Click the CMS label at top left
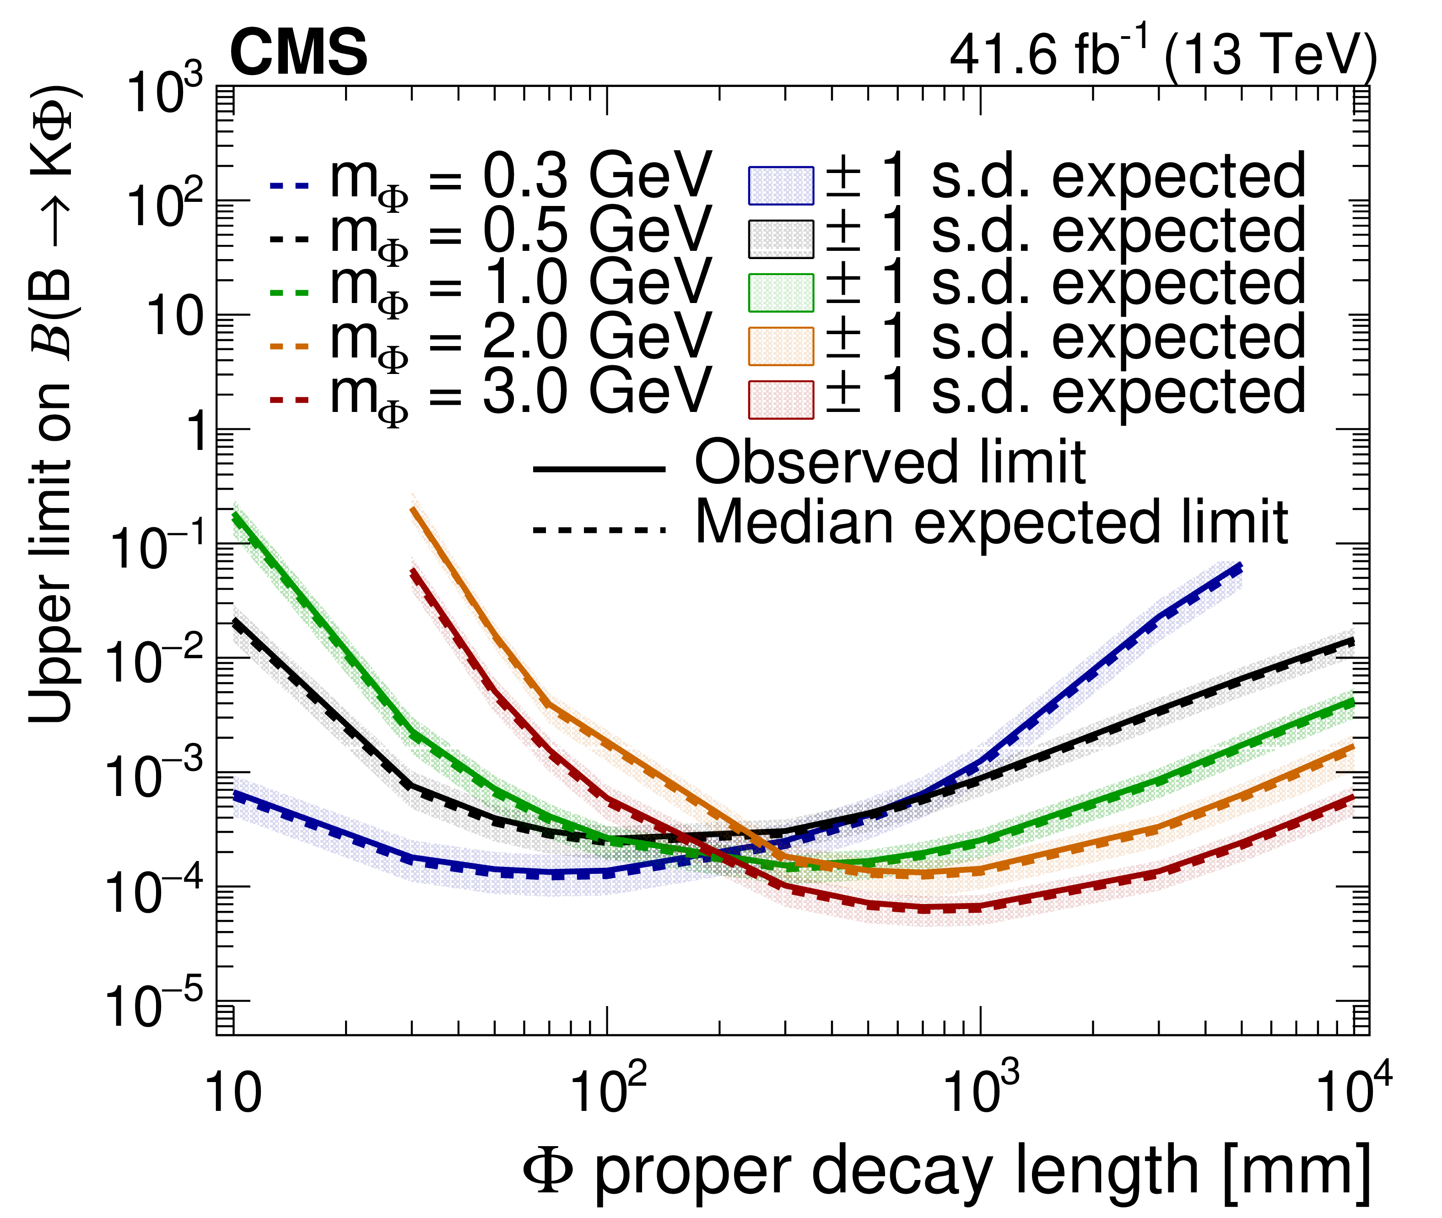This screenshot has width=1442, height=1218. click(x=298, y=53)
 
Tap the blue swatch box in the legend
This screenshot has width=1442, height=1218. click(x=781, y=185)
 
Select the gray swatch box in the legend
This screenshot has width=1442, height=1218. click(x=781, y=239)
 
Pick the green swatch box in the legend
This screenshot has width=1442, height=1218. click(x=781, y=293)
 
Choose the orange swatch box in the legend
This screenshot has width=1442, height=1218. click(x=781, y=346)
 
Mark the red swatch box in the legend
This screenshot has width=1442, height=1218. click(x=781, y=400)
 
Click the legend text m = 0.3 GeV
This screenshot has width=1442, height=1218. click(x=521, y=178)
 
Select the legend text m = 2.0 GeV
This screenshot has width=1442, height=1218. click(x=521, y=340)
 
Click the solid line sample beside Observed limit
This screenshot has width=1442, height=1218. click(x=599, y=469)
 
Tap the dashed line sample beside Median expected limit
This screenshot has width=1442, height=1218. click(x=599, y=531)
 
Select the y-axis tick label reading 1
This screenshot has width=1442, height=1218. click(x=199, y=432)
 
